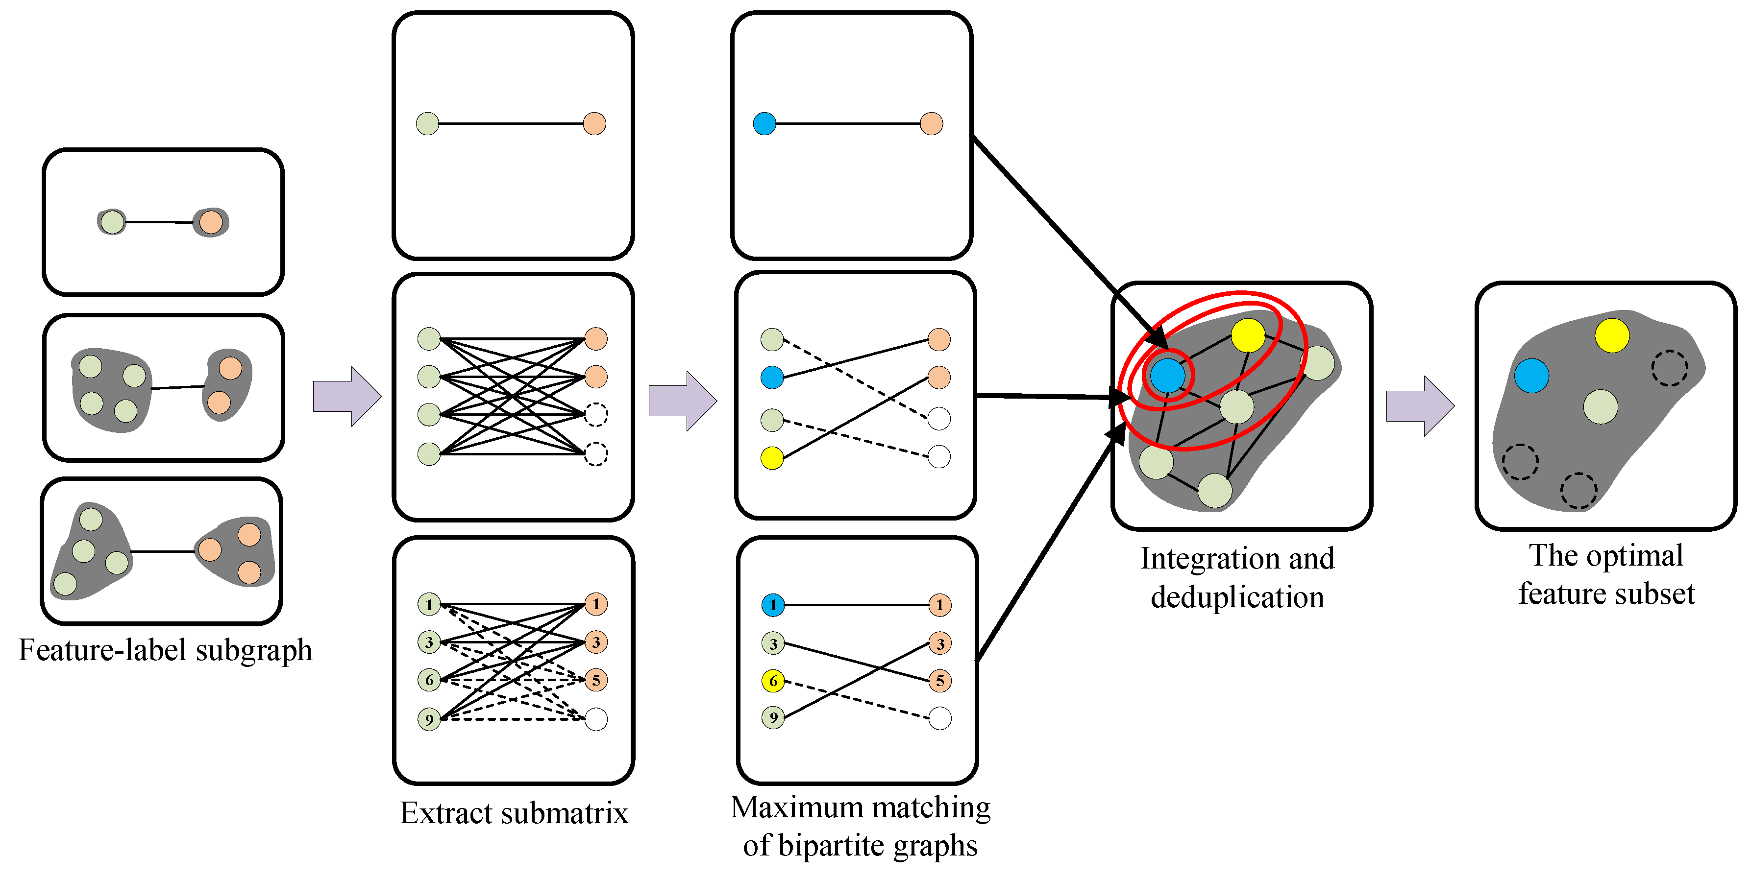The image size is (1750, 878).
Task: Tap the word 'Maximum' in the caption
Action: [797, 807]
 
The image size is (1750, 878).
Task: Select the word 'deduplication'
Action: [1236, 597]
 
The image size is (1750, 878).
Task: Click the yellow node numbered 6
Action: [772, 680]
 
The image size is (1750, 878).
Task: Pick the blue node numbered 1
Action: [772, 604]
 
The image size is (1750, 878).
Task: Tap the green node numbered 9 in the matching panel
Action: [772, 717]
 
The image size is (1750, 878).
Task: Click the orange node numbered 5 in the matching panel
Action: [939, 680]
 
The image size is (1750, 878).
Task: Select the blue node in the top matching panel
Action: [764, 123]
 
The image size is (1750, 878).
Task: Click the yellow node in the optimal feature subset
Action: [1611, 335]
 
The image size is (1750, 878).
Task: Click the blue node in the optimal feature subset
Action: [1531, 376]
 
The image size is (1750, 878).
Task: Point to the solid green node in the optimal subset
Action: [1600, 407]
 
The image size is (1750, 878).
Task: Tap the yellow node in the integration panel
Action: [1248, 335]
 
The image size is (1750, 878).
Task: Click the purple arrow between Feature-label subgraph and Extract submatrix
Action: [346, 397]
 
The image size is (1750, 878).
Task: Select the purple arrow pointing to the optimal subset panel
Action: [1419, 406]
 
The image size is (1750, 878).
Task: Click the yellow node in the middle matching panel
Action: [772, 458]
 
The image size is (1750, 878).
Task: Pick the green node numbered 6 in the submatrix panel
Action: [429, 680]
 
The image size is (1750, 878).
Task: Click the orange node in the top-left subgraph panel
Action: [211, 222]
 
